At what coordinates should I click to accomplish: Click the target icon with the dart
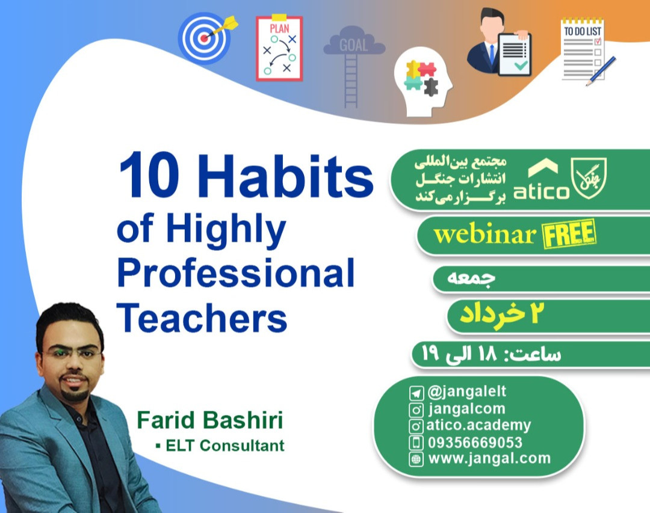point(205,38)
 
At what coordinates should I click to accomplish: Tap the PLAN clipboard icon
point(279,48)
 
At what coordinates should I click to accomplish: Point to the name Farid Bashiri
point(209,420)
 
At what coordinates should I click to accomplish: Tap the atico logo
point(541,180)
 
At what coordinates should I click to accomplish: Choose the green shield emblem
point(589,178)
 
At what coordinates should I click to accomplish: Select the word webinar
point(484,235)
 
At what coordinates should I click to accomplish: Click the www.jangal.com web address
point(489,458)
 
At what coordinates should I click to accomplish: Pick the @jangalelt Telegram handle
point(466,392)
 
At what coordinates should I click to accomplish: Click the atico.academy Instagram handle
point(478,426)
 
